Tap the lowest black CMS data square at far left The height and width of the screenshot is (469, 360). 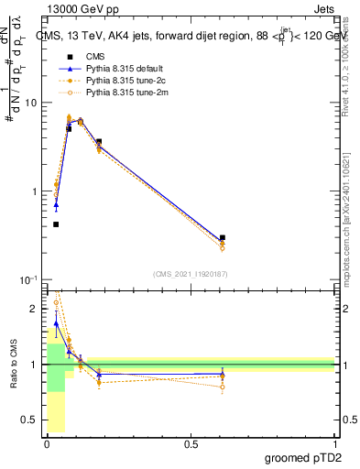click(x=56, y=224)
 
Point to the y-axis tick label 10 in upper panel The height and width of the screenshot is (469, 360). click(x=30, y=103)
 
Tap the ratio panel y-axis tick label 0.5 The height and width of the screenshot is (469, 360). click(x=28, y=420)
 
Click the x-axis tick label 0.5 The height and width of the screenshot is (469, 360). click(x=191, y=444)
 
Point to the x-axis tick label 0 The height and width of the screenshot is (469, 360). click(x=47, y=444)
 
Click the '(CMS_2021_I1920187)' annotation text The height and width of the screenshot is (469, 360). click(x=190, y=273)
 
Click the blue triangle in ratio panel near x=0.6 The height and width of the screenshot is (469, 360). click(x=223, y=375)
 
